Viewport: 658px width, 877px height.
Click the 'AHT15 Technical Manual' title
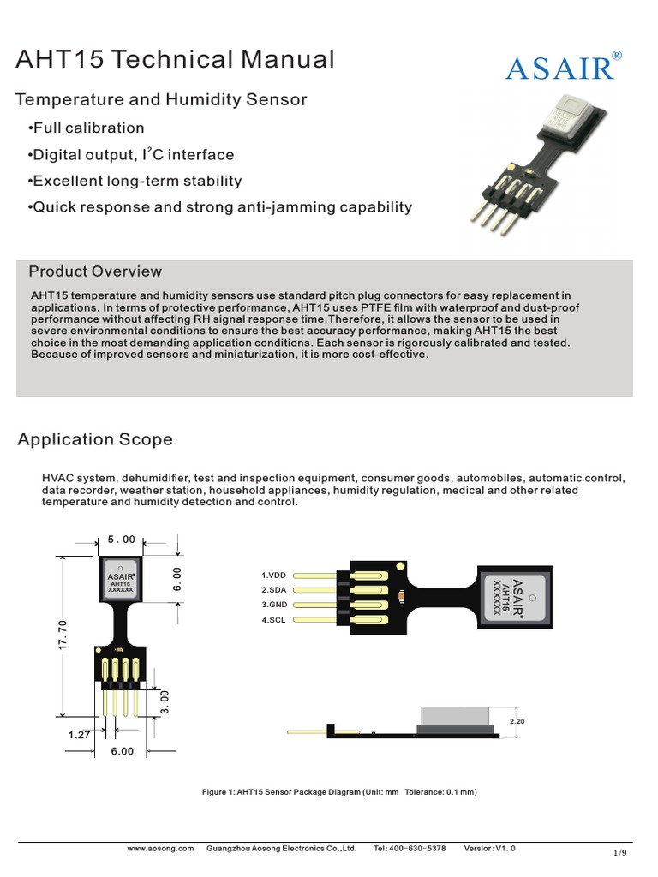click(x=175, y=60)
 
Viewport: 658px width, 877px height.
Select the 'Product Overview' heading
click(x=95, y=271)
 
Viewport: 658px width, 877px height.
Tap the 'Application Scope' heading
click(x=95, y=439)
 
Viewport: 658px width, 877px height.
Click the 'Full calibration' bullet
click(x=86, y=128)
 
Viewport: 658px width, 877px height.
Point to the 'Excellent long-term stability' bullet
click(x=135, y=182)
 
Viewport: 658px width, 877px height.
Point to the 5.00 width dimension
click(x=122, y=540)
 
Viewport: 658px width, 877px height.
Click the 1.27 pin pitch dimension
click(x=81, y=734)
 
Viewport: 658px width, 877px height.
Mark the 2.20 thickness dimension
click(x=517, y=722)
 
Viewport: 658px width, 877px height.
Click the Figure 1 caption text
click(x=338, y=792)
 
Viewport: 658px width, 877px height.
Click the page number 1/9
click(x=620, y=853)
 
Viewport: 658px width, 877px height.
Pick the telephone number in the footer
click(x=410, y=848)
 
